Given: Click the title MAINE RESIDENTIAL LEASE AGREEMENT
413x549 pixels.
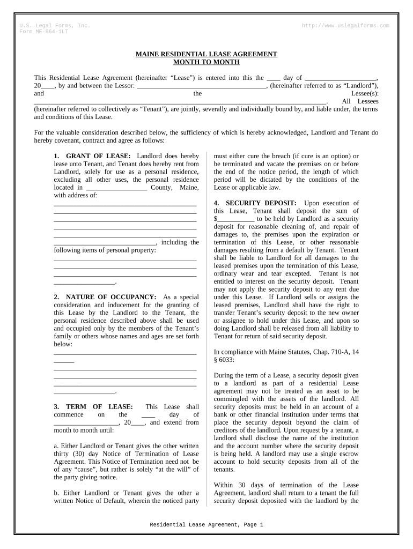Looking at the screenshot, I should click(x=206, y=54).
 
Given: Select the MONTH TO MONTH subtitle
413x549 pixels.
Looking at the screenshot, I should click(x=206, y=62).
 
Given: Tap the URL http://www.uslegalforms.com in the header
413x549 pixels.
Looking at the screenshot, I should click(x=345, y=26).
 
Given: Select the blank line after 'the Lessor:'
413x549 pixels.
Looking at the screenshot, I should click(x=202, y=85).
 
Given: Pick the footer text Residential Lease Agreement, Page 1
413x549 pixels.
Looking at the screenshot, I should click(x=206, y=525).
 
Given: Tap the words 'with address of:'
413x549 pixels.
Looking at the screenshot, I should click(x=76, y=195).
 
